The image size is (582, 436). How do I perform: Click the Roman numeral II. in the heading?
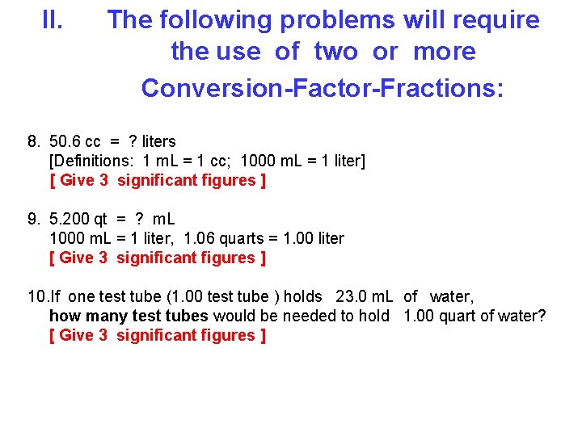53,19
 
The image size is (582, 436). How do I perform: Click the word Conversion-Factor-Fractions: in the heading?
322,87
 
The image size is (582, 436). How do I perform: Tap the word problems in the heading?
335,19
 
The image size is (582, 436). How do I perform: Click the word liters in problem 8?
158,141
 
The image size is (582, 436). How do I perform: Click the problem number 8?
33,141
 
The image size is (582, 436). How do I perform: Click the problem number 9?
33,219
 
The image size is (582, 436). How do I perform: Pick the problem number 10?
37,296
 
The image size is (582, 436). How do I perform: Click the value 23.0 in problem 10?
351,296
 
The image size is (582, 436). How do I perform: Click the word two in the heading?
335,52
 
